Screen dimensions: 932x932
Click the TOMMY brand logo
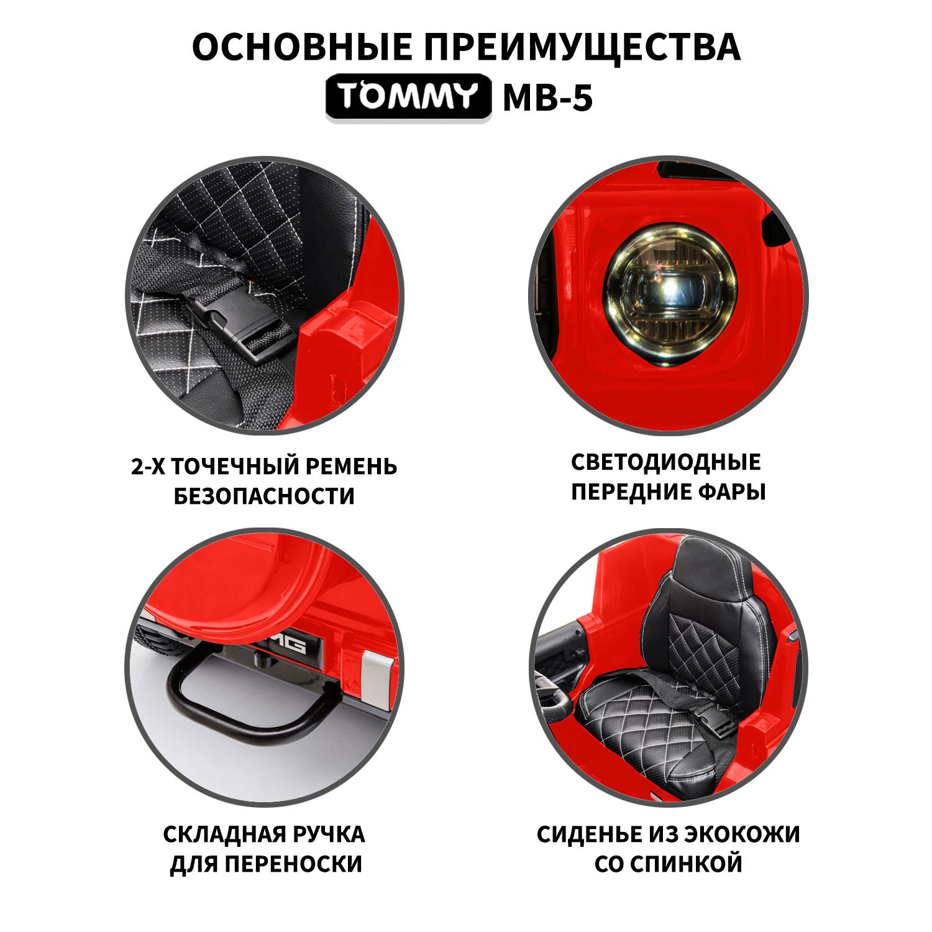coord(408,97)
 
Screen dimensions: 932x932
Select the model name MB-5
coord(547,98)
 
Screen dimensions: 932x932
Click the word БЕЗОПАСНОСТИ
coord(264,496)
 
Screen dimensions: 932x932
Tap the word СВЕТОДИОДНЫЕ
coord(666,462)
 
